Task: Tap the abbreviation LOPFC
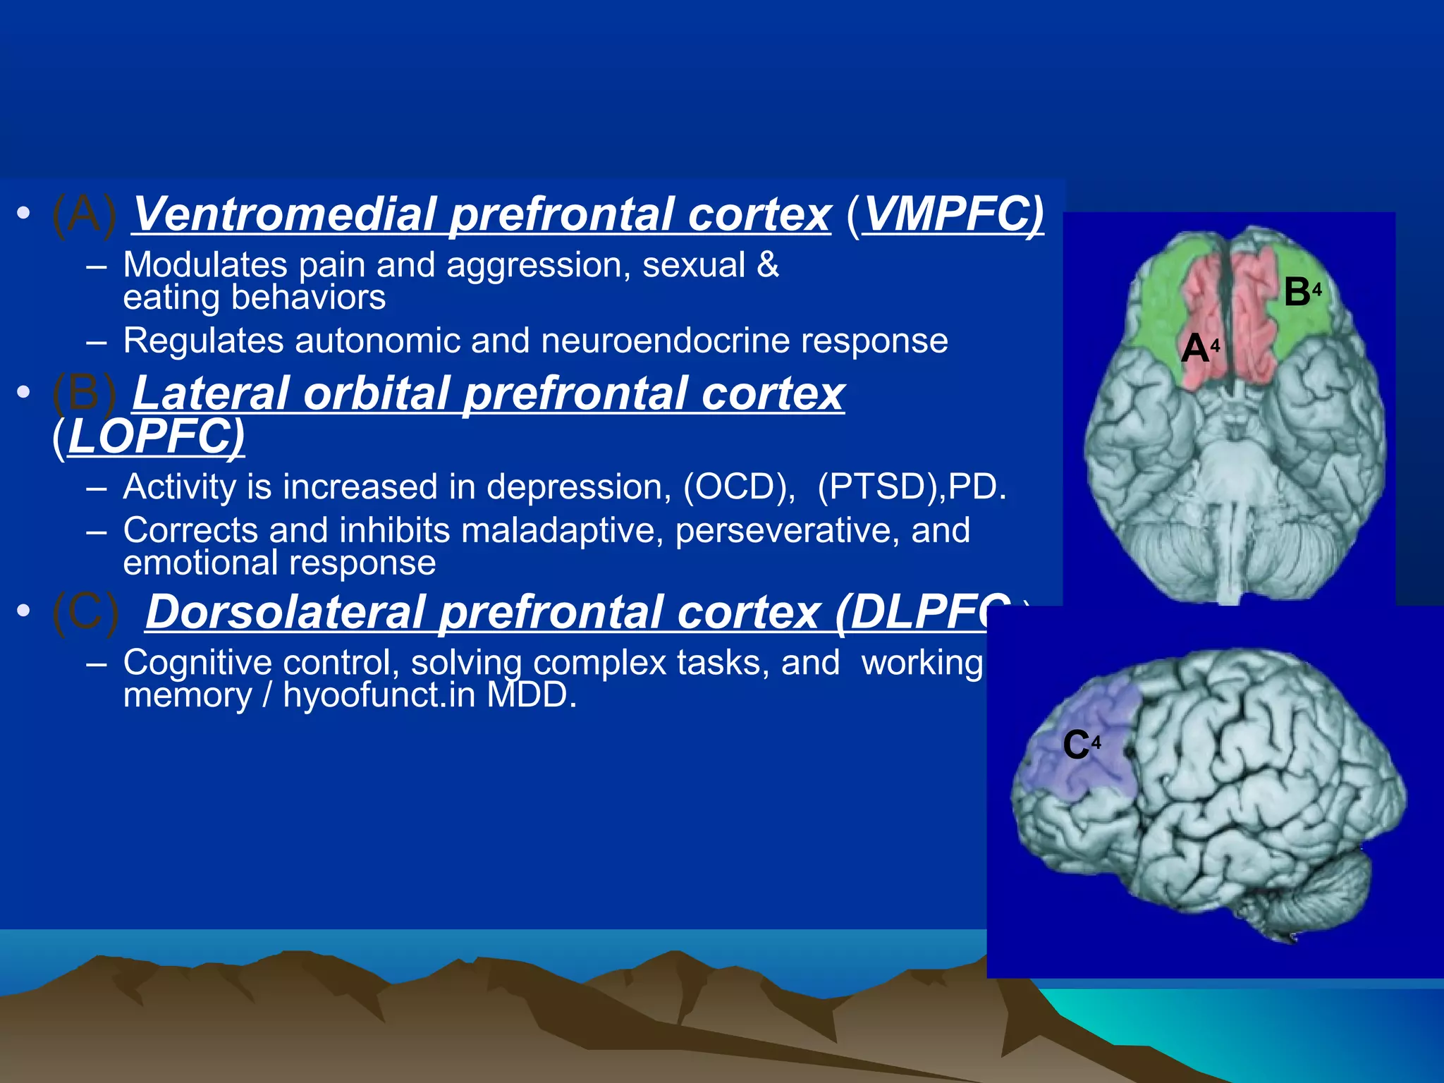[155, 436]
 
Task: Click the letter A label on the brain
[1195, 348]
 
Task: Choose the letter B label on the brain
[1297, 291]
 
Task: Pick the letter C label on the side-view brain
[1076, 745]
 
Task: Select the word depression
[578, 487]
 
